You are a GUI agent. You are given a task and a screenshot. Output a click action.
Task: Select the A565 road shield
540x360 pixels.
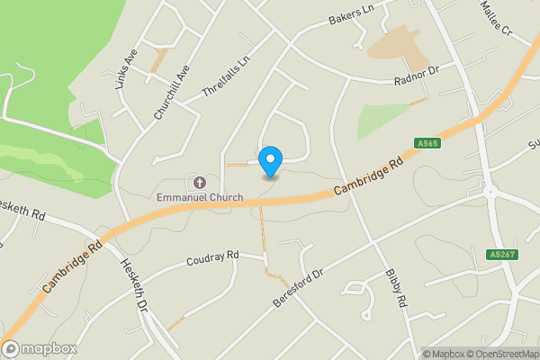[427, 143]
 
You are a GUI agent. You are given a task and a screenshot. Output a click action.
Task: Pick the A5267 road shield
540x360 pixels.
[503, 256]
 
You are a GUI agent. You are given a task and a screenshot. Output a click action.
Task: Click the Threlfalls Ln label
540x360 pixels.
[225, 79]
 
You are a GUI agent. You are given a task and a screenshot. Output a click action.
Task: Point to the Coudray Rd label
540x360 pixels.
[211, 257]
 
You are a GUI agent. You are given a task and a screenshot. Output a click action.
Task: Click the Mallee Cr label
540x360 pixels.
[495, 18]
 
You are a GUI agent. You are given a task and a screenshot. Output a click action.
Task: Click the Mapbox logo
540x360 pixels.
[40, 348]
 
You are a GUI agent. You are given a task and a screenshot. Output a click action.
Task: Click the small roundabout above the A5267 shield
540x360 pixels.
[490, 192]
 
